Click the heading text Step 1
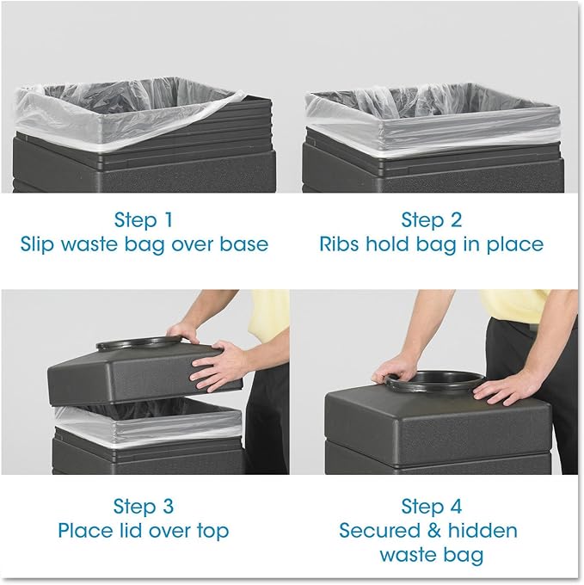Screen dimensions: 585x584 (144, 219)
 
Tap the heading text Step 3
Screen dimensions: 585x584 (144, 505)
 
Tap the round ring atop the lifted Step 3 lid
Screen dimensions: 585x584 (138, 343)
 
